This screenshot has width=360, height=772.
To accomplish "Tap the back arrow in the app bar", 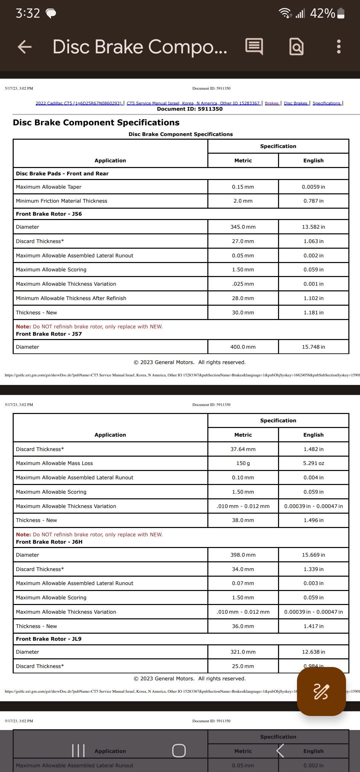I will (x=25, y=47).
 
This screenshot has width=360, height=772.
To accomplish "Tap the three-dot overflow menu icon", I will (x=339, y=47).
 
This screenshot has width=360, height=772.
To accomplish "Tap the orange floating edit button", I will (x=321, y=691).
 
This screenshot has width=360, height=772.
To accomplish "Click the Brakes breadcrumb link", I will (x=272, y=103).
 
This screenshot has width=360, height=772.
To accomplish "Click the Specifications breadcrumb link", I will (x=326, y=103).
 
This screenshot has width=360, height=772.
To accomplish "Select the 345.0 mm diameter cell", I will (x=243, y=227).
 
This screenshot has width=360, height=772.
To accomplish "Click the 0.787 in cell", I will (x=313, y=201).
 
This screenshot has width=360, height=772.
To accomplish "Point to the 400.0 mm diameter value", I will (x=243, y=347).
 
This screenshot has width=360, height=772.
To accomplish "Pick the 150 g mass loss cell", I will (x=243, y=463).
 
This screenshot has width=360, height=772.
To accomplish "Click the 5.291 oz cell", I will (x=313, y=463).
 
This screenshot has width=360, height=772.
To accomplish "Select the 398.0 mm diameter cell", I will (x=243, y=555).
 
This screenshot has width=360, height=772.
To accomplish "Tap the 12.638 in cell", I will (x=313, y=652).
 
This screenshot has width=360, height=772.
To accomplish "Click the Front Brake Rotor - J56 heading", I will (x=49, y=214).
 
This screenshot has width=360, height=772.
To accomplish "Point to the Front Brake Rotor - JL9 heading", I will (x=49, y=639).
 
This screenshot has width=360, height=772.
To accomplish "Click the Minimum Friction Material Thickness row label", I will (x=62, y=201).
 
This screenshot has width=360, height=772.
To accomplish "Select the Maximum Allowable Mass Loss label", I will (x=54, y=463).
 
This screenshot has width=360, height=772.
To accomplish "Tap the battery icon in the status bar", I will (x=341, y=13).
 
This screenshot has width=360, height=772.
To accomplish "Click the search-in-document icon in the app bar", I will (x=296, y=47).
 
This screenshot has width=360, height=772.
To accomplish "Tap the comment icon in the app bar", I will (x=254, y=47).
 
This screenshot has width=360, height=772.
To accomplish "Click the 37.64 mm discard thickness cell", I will (x=243, y=449).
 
